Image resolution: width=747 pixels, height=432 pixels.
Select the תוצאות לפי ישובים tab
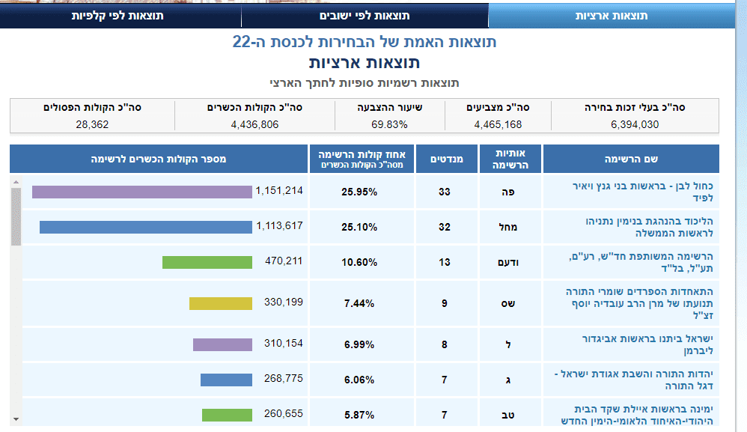(x=365, y=16)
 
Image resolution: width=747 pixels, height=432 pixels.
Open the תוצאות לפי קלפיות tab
(x=118, y=16)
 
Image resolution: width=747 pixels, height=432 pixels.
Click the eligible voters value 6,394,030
(x=632, y=124)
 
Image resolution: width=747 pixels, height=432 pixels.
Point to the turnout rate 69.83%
(x=387, y=124)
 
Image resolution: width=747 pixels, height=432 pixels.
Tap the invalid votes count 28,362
(x=92, y=124)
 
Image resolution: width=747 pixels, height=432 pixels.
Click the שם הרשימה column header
(x=631, y=159)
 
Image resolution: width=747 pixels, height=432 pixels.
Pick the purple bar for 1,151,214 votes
(x=141, y=192)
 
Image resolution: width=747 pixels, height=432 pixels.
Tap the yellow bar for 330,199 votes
(x=220, y=302)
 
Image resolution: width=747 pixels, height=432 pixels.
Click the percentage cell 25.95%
(x=362, y=192)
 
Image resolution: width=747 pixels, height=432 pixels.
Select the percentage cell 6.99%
(x=362, y=344)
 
